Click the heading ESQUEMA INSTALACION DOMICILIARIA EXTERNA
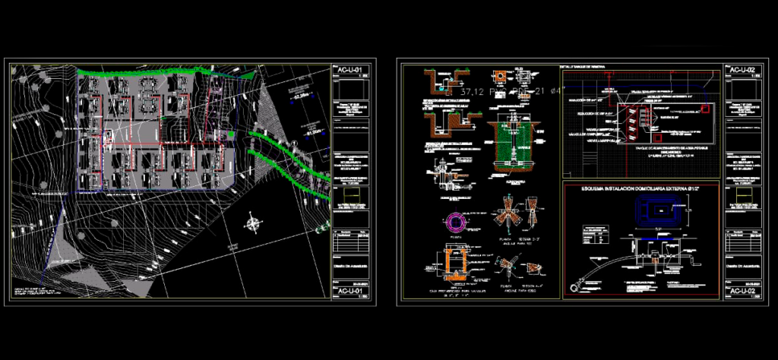tap(640, 188)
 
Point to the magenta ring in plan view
tap(457, 223)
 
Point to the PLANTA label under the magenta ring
tap(457, 238)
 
